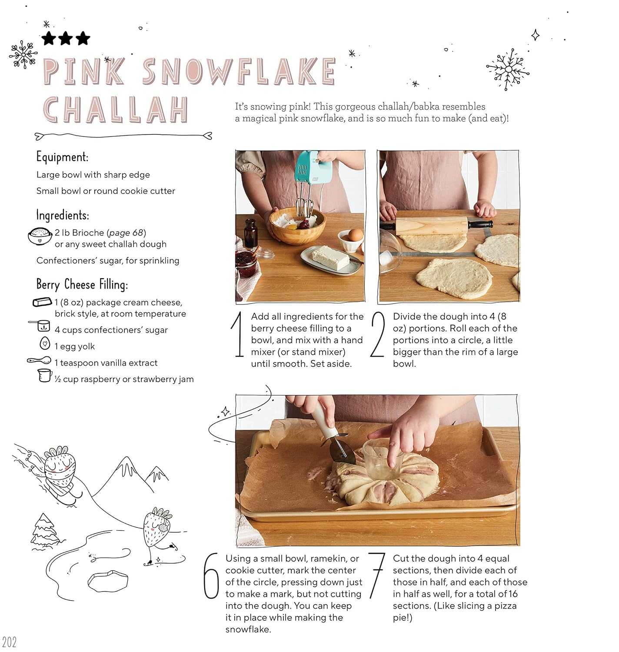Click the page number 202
[x=9, y=642]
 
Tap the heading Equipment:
[x=62, y=157]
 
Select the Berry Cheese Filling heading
[x=82, y=285]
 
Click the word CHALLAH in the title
[x=116, y=110]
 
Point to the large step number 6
[x=211, y=576]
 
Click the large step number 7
[x=376, y=575]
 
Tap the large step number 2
[x=377, y=334]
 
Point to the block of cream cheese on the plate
[x=330, y=257]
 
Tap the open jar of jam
[x=246, y=264]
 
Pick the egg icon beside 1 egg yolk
[x=45, y=343]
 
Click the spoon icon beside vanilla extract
[x=39, y=360]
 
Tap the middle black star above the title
[x=66, y=38]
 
